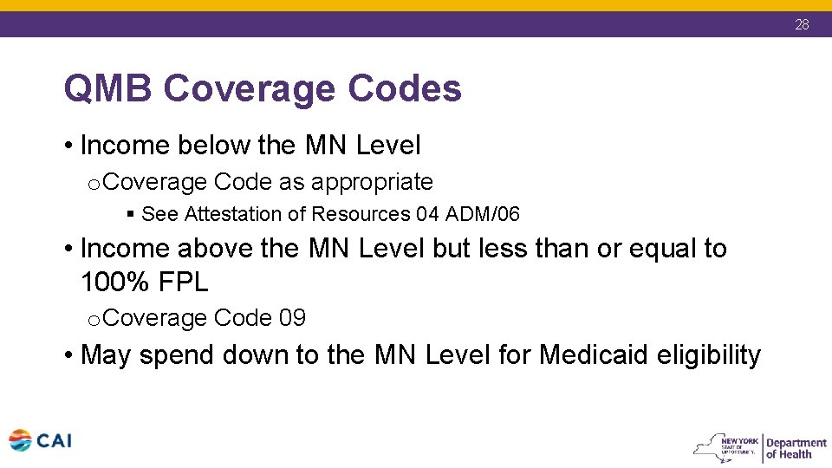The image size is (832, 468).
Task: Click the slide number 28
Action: pos(802,24)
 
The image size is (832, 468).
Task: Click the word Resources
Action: pos(363,214)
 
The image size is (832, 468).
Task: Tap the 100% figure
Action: pos(111,282)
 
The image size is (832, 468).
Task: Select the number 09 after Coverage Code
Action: pos(292,318)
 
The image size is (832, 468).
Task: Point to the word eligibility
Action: pos(710,354)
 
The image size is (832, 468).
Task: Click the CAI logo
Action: pos(40,440)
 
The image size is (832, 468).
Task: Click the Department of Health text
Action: pos(796,448)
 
